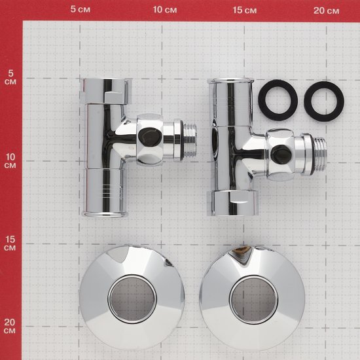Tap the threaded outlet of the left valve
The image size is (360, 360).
[x=190, y=140]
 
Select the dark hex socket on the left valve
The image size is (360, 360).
[x=149, y=137]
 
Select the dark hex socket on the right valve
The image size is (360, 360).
[x=281, y=154]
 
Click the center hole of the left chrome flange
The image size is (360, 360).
[x=132, y=299]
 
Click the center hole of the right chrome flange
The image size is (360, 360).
[x=253, y=300]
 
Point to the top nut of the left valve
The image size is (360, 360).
[x=106, y=91]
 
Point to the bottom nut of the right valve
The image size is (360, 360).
[x=232, y=203]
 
